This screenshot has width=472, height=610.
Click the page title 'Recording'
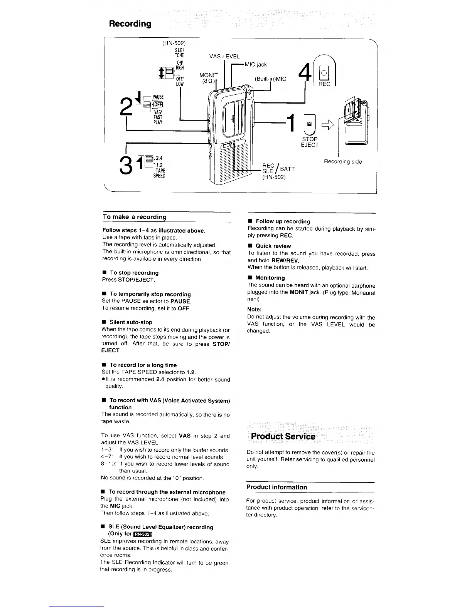130,24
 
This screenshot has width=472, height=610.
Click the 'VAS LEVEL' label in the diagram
224,57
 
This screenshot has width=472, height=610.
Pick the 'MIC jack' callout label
256,64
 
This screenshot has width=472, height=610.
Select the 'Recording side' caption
343,162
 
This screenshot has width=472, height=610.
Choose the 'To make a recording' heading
135,217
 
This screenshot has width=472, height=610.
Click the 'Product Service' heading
283,436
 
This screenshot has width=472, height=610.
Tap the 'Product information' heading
276,487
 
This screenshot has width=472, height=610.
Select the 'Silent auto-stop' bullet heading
131,322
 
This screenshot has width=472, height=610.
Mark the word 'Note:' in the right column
255,309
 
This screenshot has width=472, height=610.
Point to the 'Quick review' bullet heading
273,246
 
